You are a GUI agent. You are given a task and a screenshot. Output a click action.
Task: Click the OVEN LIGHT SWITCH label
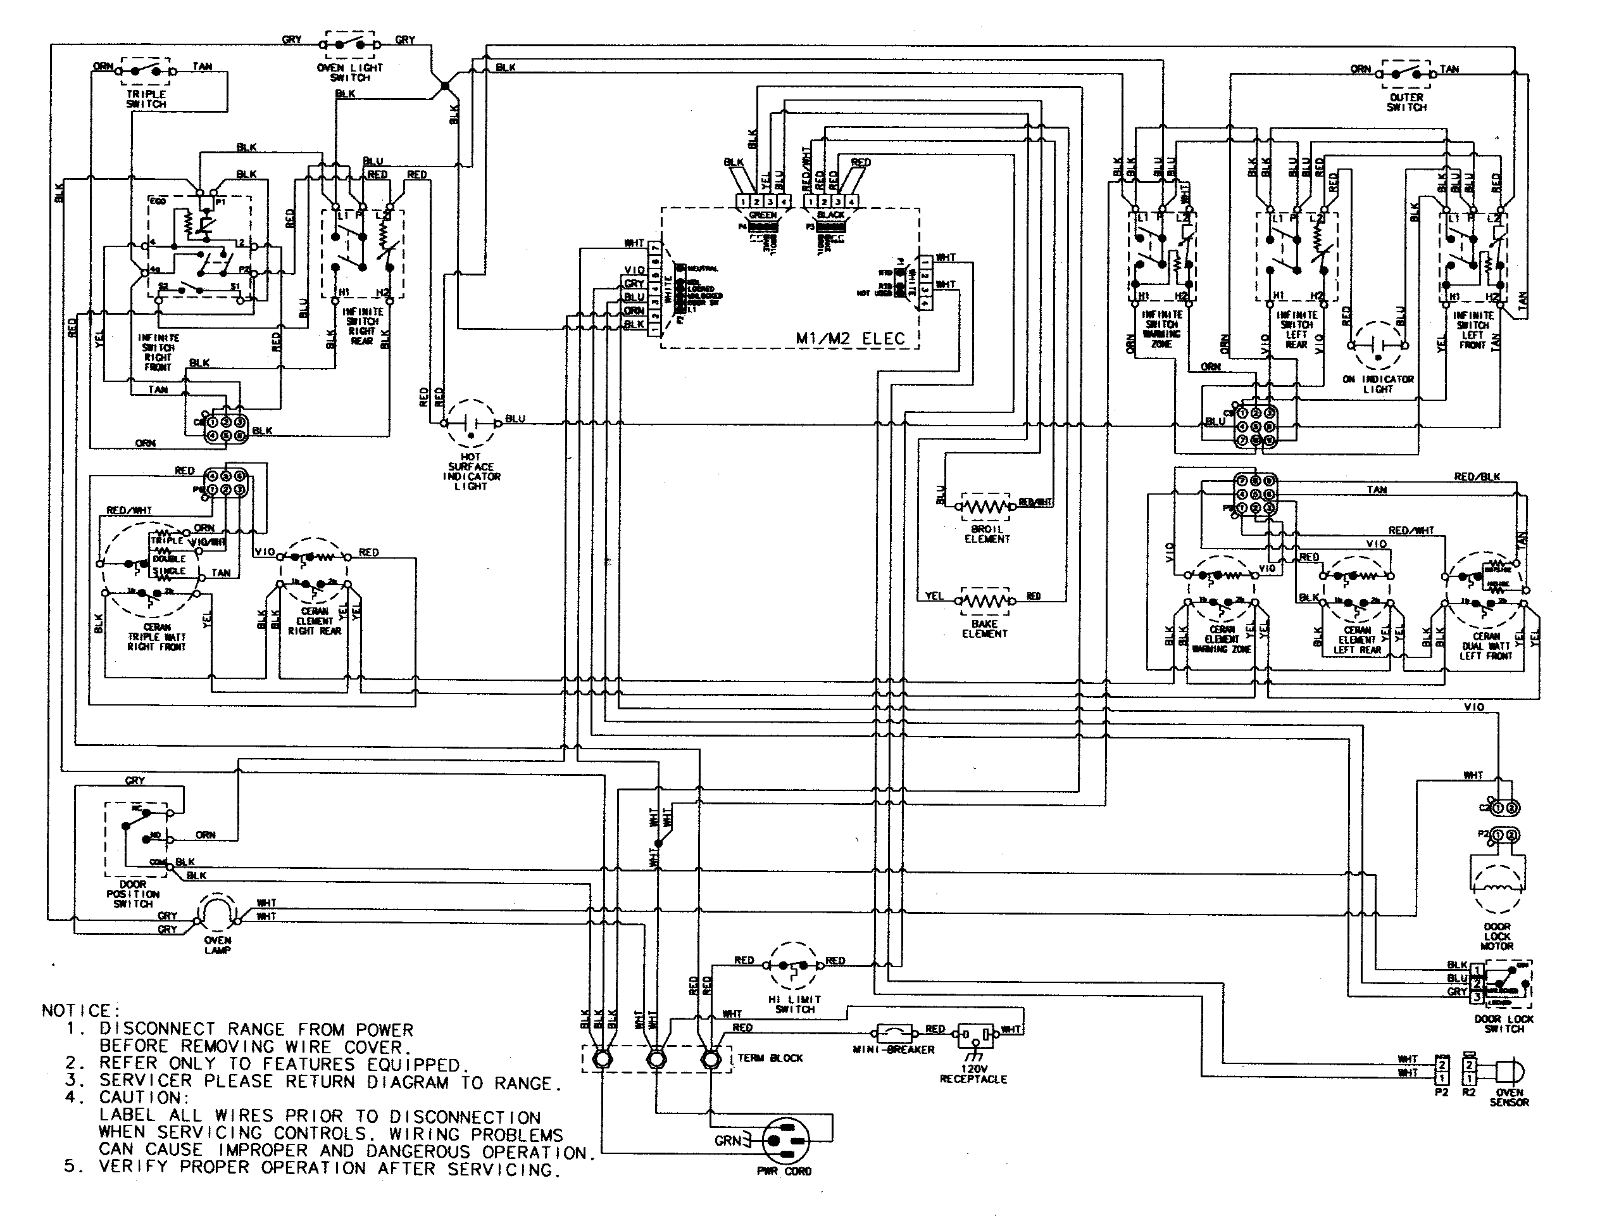pos(349,72)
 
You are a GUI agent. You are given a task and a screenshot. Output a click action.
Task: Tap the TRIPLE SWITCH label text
pos(146,99)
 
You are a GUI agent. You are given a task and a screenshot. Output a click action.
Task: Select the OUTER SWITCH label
pos(1406,102)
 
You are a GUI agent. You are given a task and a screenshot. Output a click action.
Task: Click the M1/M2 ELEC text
pos(851,338)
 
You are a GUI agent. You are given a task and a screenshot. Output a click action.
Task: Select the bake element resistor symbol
pos(985,601)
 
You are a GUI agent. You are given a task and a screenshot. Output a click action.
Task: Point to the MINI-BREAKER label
pos(893,1049)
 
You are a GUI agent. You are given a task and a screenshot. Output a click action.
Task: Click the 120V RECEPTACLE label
pos(973,1073)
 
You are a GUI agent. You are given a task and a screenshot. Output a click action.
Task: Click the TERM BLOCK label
pos(770,1058)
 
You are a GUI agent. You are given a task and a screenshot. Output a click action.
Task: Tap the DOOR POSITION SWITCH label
pos(133,894)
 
